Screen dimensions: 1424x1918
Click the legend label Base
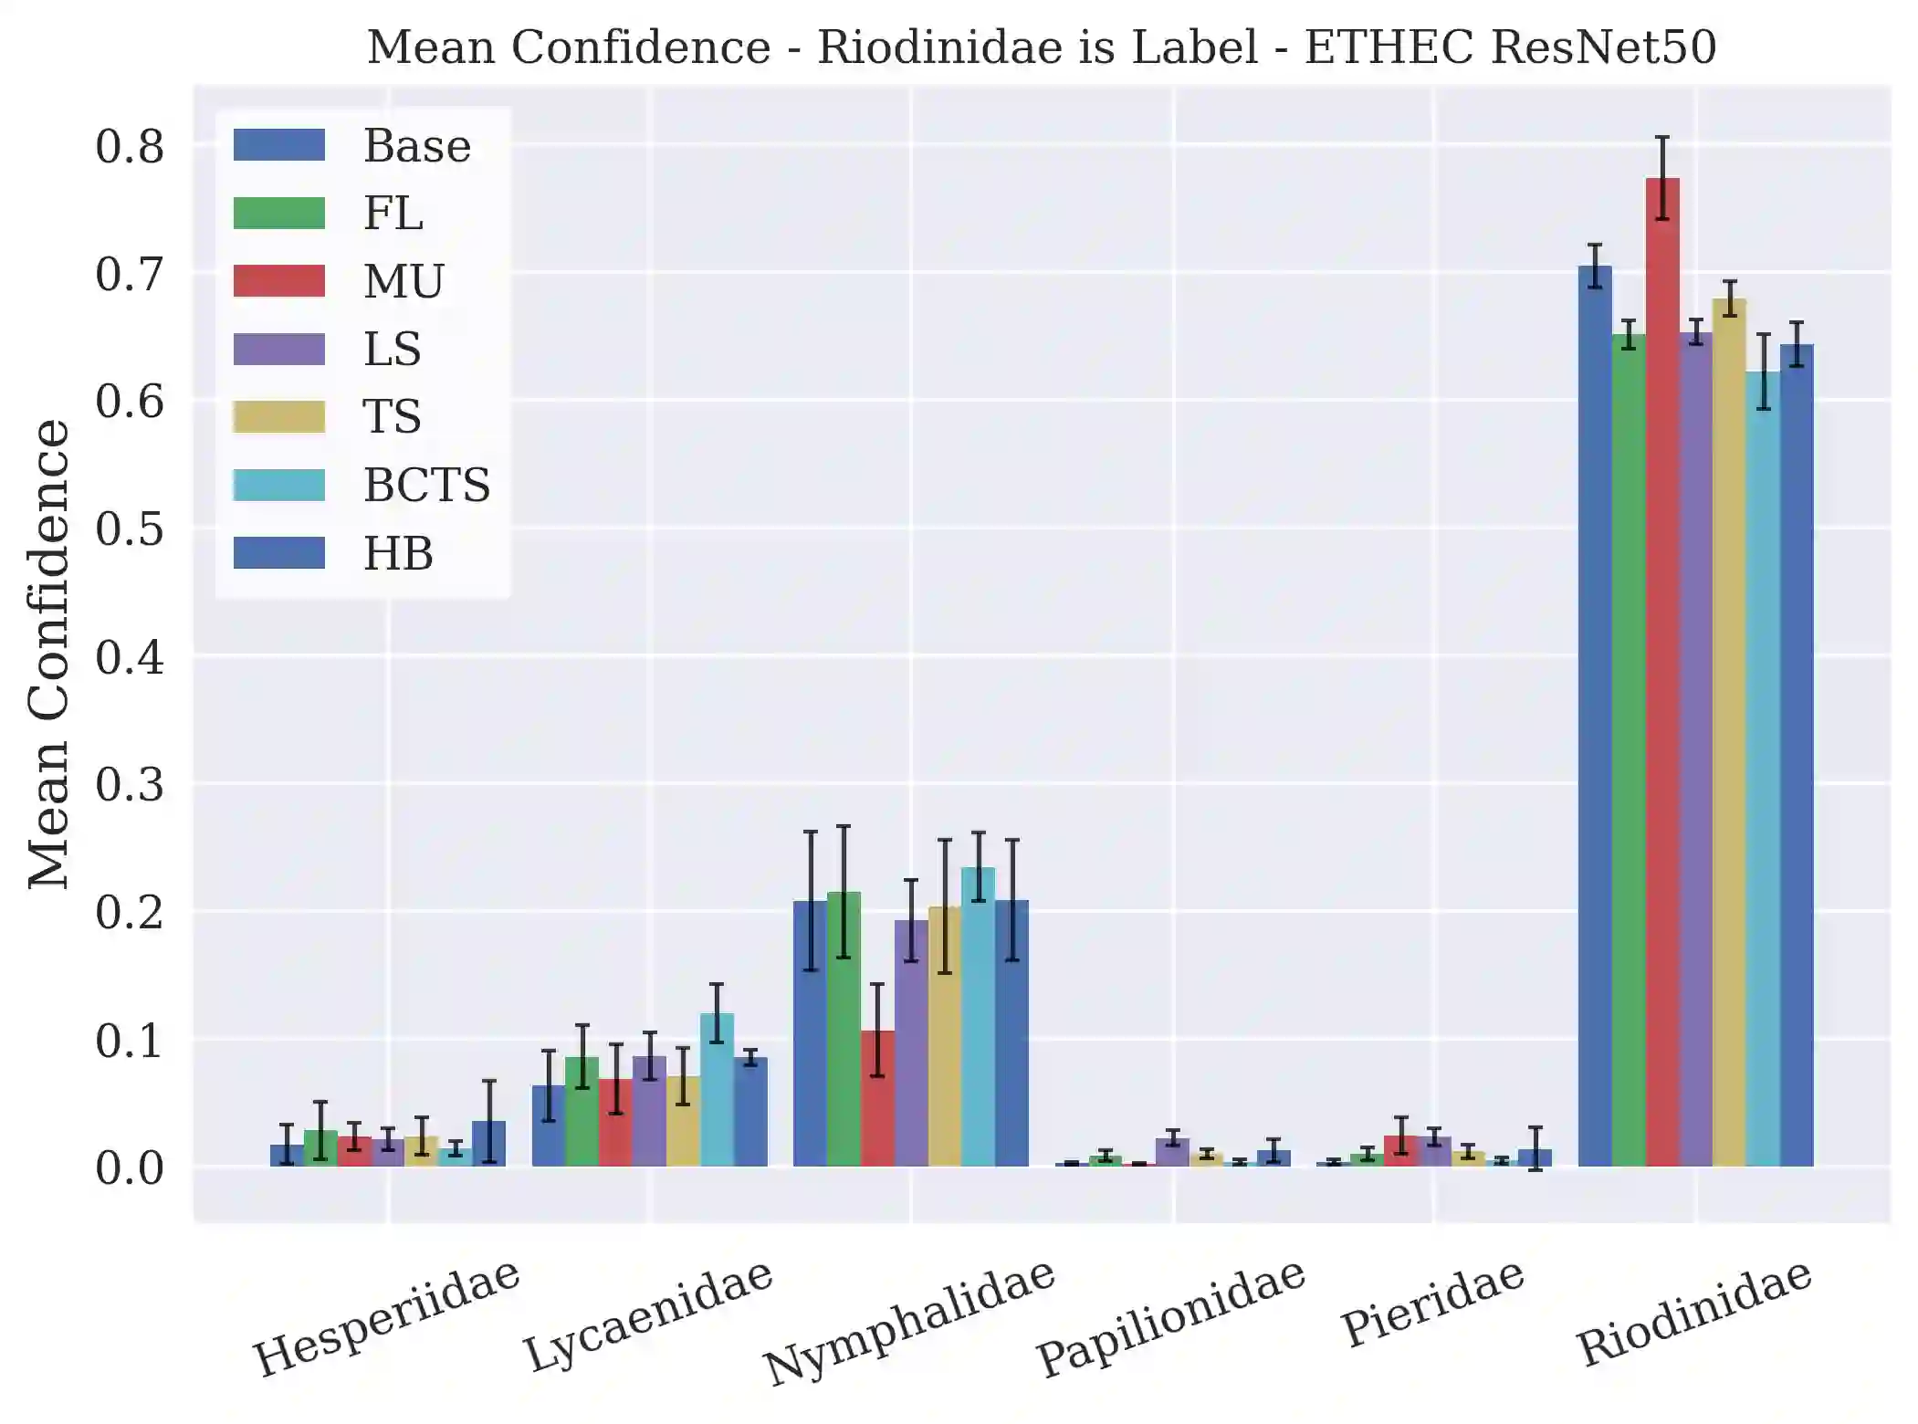tap(417, 146)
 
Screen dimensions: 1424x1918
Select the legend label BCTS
tap(426, 485)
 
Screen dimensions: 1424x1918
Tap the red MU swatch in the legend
tap(278, 281)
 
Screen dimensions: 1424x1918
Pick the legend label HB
tap(398, 553)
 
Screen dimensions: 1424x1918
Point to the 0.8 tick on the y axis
tap(130, 146)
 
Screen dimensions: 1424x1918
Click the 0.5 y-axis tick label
tap(130, 529)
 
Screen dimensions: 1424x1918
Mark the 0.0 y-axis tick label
tap(130, 1167)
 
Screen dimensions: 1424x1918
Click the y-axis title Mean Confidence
tap(47, 654)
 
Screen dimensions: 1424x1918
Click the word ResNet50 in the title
tap(1602, 47)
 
